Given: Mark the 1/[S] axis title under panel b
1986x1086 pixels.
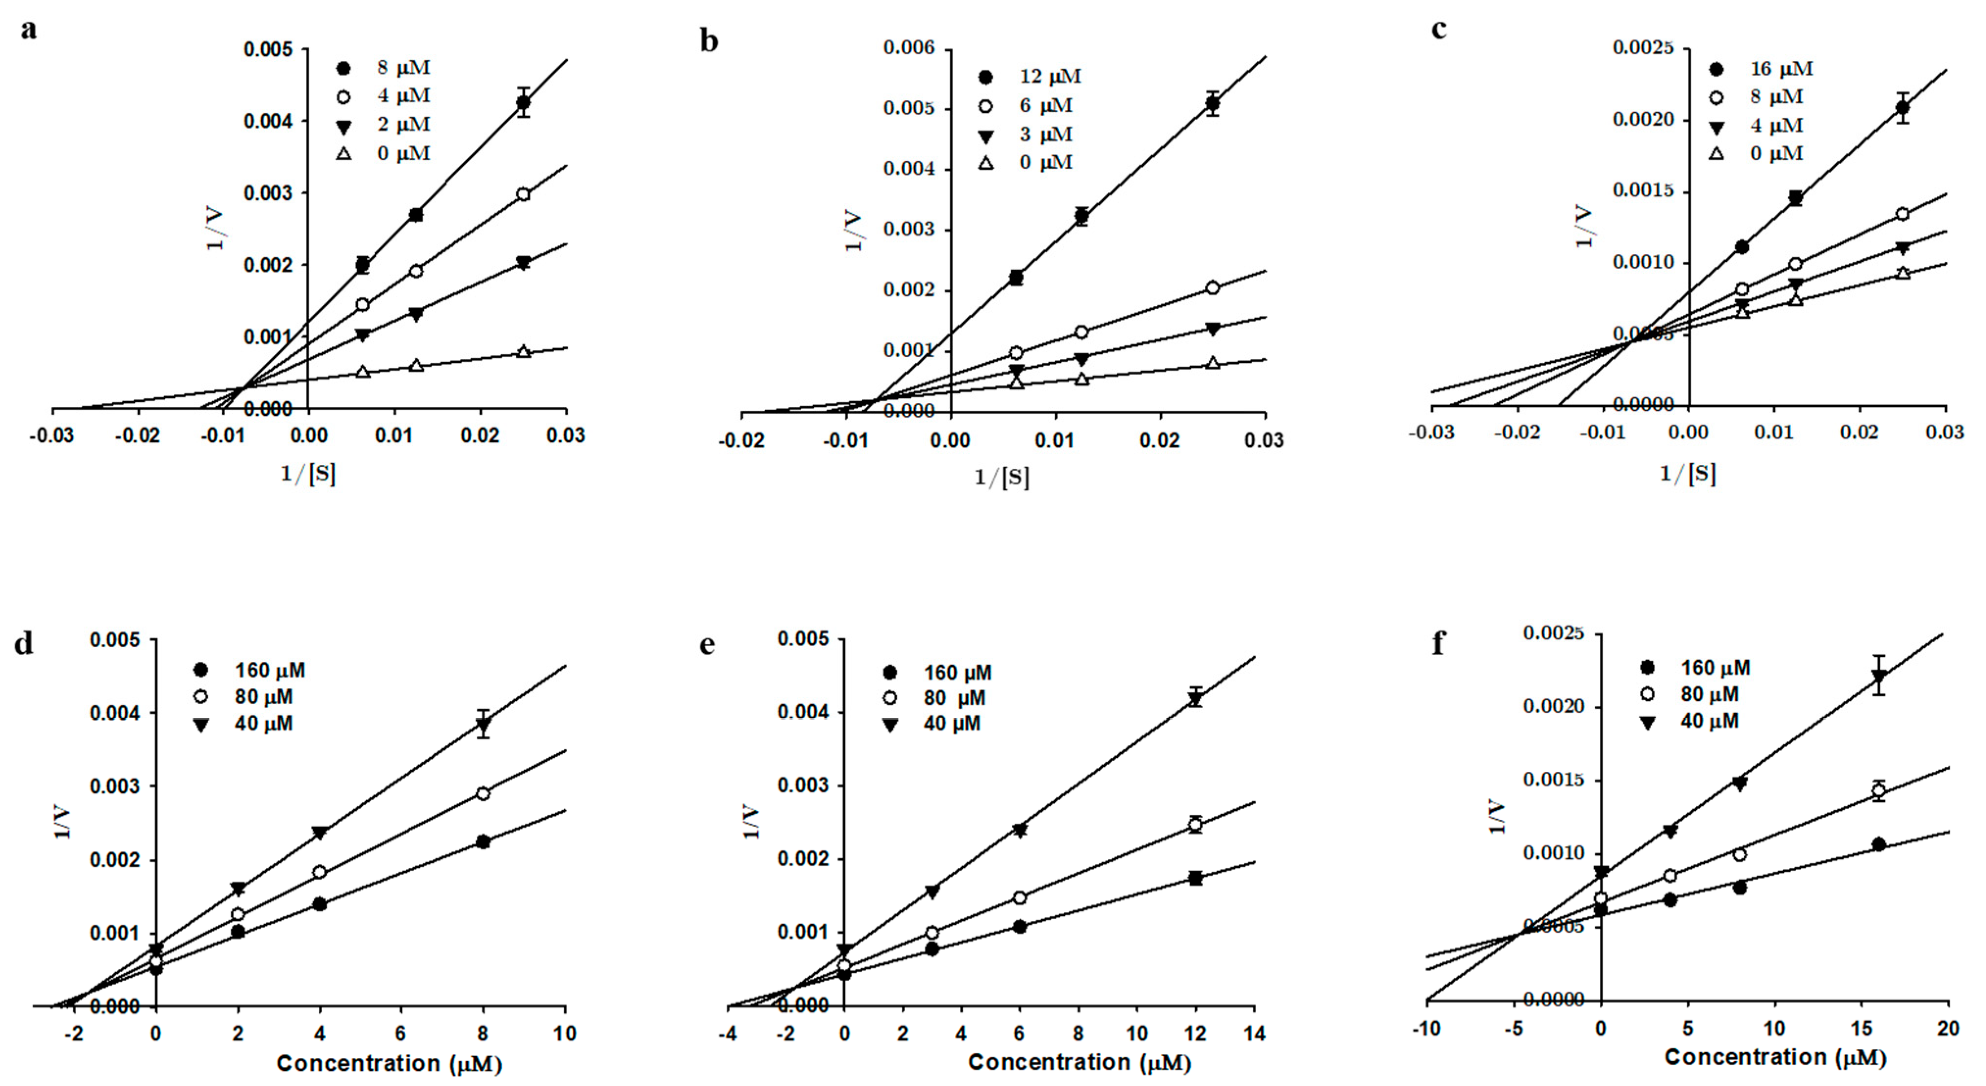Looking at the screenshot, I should pos(1002,478).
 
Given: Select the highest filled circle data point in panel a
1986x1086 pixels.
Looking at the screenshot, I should pos(523,102).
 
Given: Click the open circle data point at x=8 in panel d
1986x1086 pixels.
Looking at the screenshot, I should pos(483,794).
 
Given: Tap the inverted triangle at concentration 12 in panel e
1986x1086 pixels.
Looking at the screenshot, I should pos(1196,699).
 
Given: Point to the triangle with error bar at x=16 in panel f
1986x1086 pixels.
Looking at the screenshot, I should pos(1879,677).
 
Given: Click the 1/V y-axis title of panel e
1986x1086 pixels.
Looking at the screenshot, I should pos(752,822).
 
